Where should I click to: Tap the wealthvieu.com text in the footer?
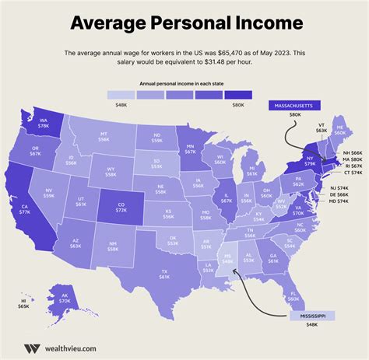[x=70, y=348]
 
